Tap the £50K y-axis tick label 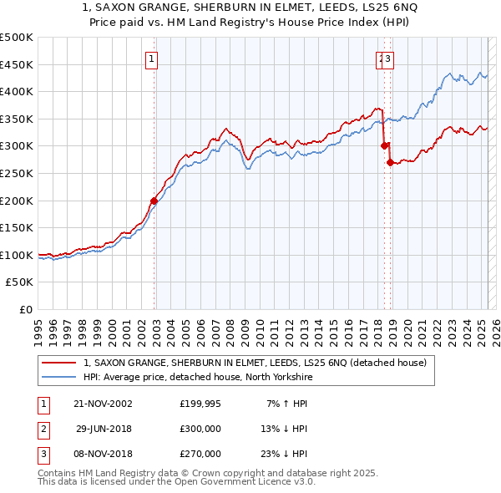(x=20, y=282)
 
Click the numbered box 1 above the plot (x=152, y=58)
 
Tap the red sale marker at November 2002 (x=154, y=201)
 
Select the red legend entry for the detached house (x=256, y=363)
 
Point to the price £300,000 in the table (x=200, y=429)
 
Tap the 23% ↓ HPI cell (x=285, y=454)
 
